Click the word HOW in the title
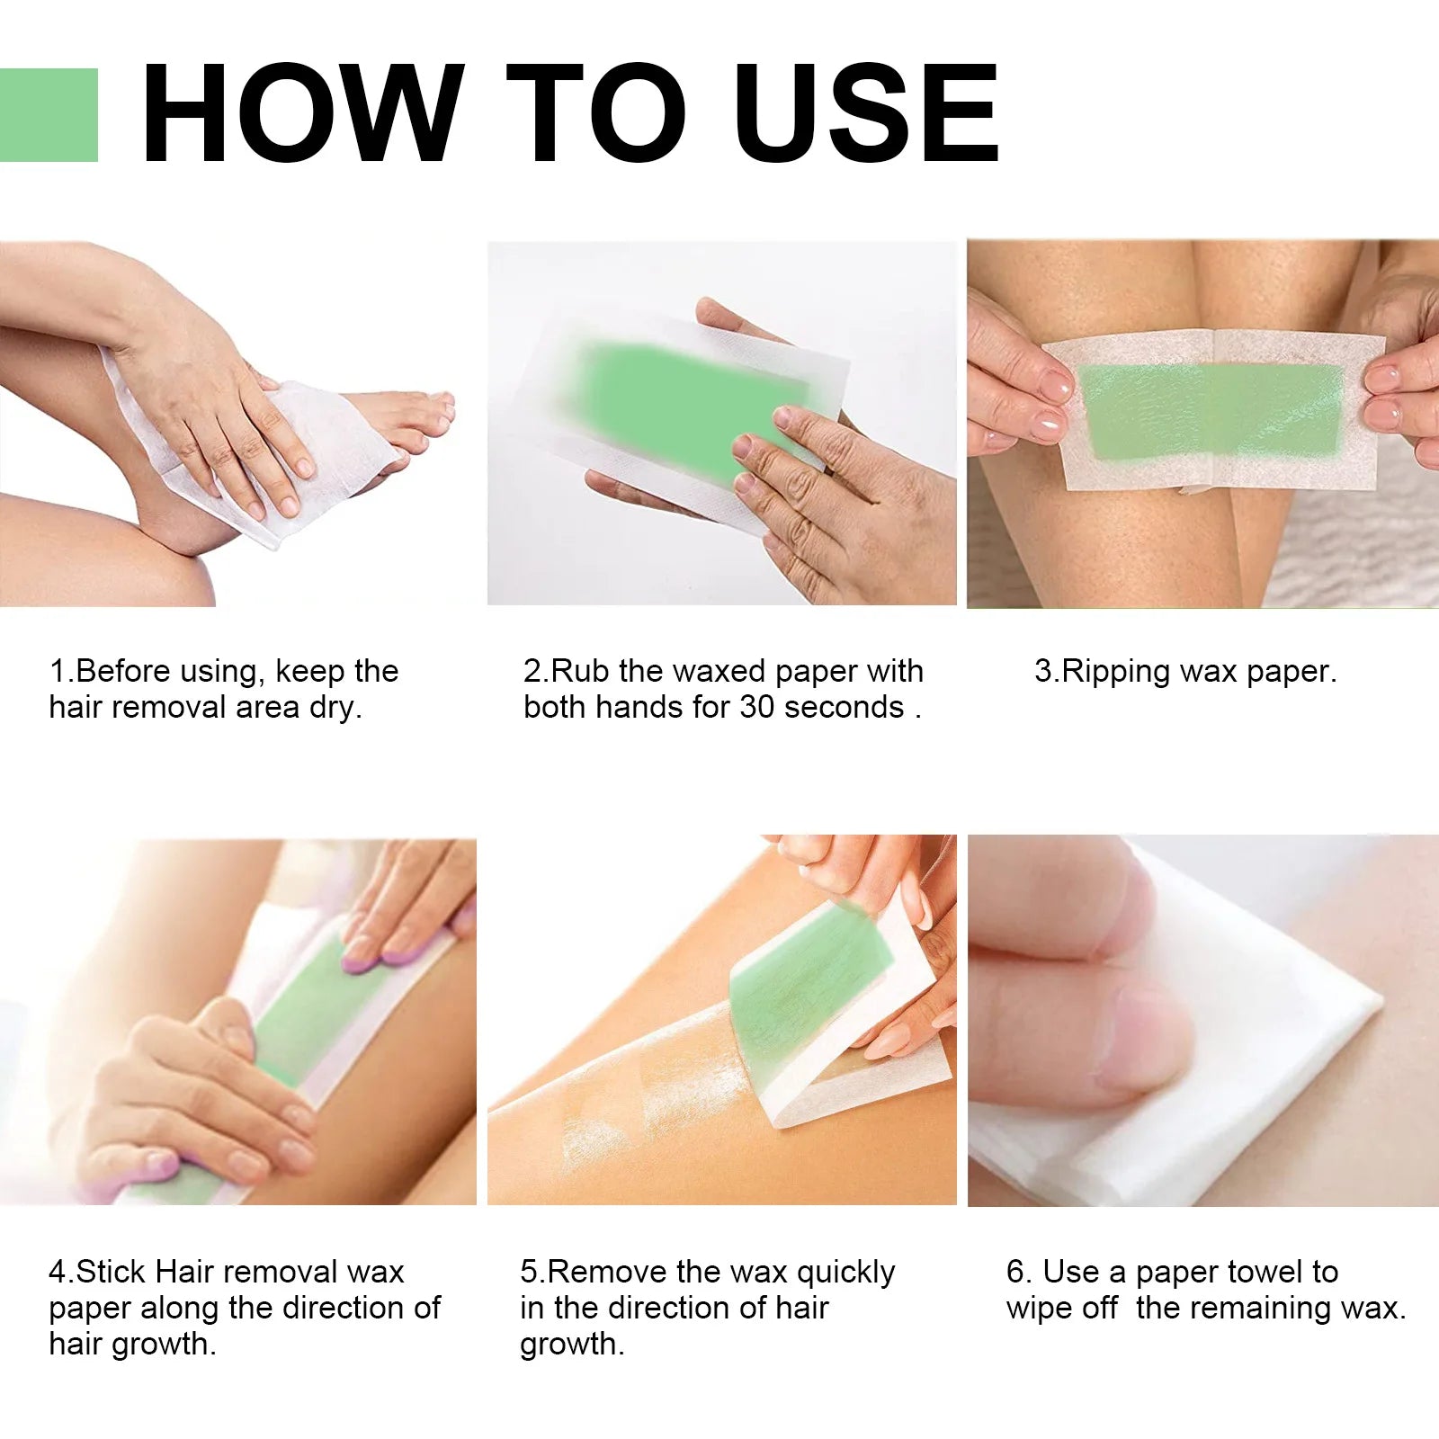[303, 115]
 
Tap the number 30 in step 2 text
[756, 708]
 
